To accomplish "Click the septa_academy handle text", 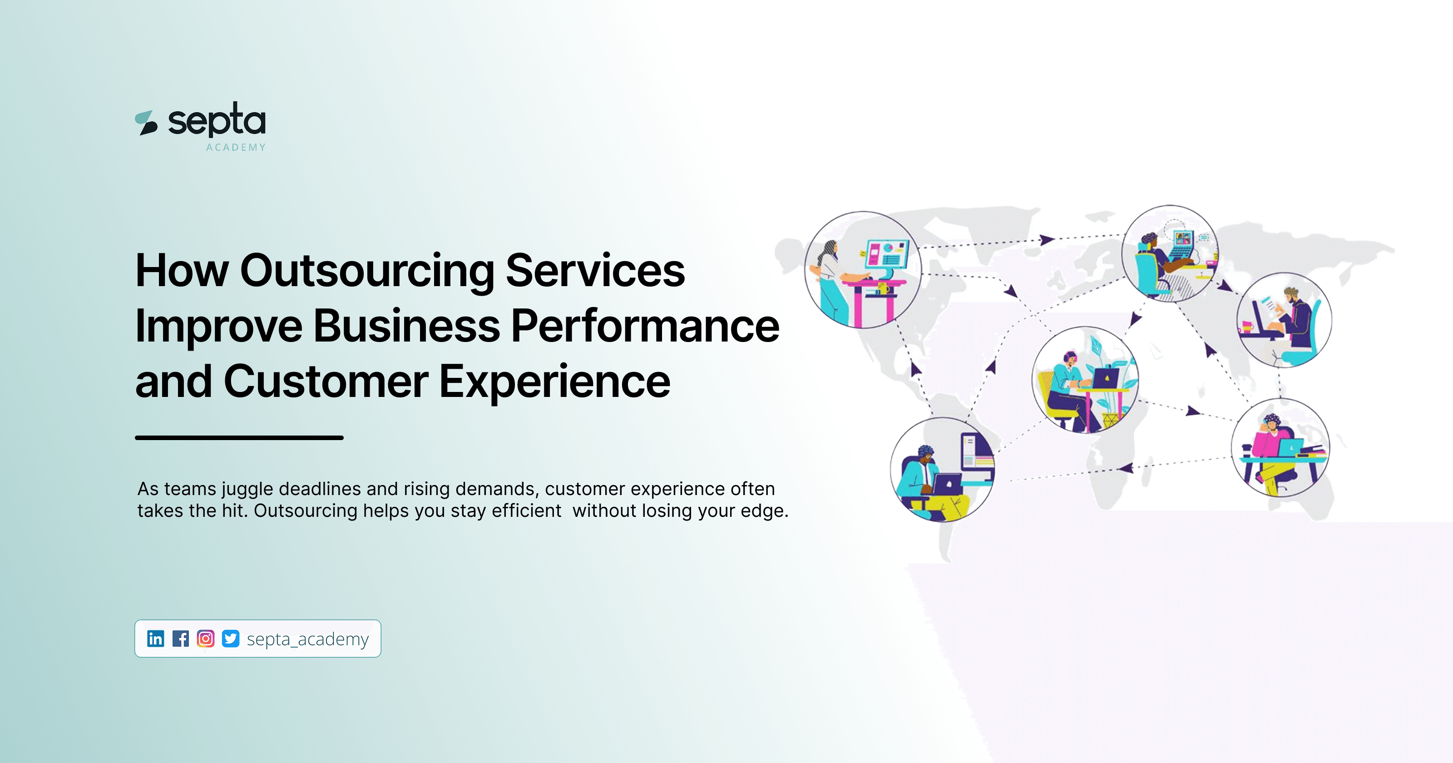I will click(x=307, y=639).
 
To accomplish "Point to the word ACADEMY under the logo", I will click(x=236, y=147).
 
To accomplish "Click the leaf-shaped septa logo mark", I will click(x=146, y=123).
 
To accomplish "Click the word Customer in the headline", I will click(x=326, y=381).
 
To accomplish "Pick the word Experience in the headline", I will click(x=554, y=381).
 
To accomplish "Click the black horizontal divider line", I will click(x=239, y=437).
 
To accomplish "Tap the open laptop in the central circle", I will click(x=1105, y=378).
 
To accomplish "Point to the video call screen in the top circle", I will click(x=1183, y=239).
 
